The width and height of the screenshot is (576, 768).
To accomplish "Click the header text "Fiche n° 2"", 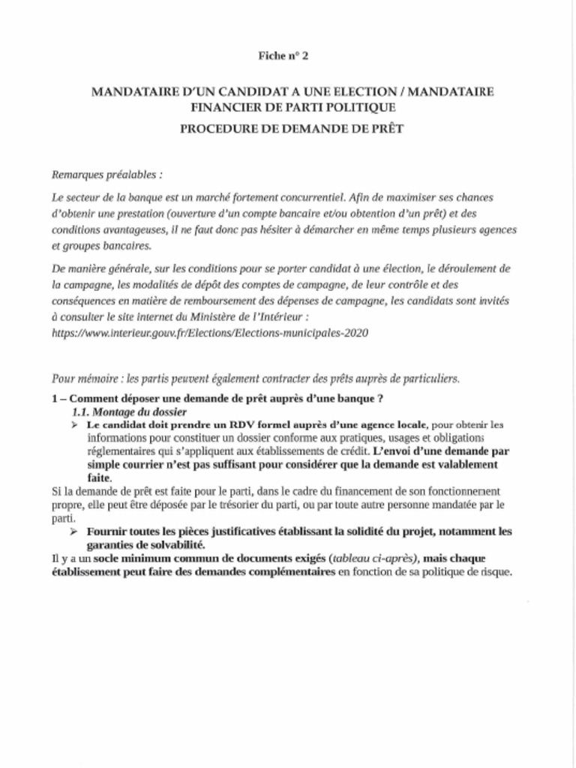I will tap(283, 56).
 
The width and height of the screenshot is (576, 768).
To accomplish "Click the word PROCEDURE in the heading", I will tap(218, 128).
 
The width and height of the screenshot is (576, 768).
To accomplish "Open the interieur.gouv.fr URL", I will tap(210, 331).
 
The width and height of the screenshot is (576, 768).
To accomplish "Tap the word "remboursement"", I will tap(232, 300).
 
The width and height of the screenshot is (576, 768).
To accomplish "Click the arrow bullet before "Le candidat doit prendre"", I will tap(76, 425).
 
